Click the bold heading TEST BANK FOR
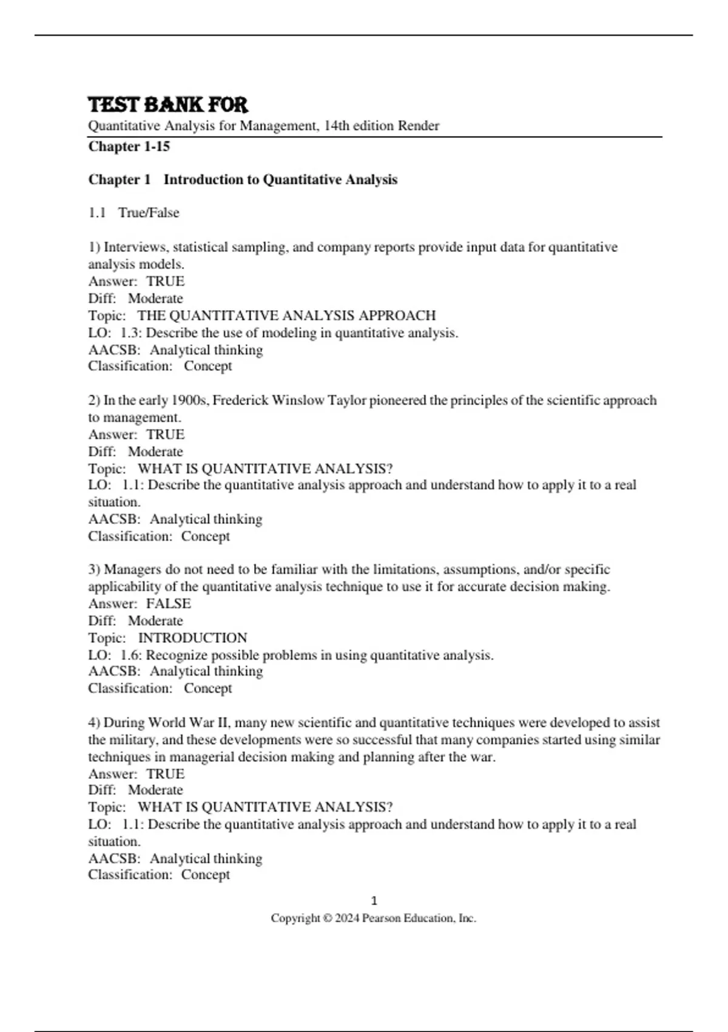coord(168,104)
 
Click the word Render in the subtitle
coord(418,126)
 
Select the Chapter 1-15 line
coord(129,146)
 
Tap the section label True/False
coord(149,212)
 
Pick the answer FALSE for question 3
coord(168,603)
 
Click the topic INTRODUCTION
coord(192,637)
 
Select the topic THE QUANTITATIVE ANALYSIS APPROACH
coord(286,315)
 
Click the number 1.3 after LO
coord(130,333)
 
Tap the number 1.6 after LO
coord(130,655)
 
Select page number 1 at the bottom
coord(374,900)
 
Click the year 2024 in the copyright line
coord(347,918)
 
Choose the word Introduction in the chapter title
coord(203,180)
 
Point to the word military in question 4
coord(133,739)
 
